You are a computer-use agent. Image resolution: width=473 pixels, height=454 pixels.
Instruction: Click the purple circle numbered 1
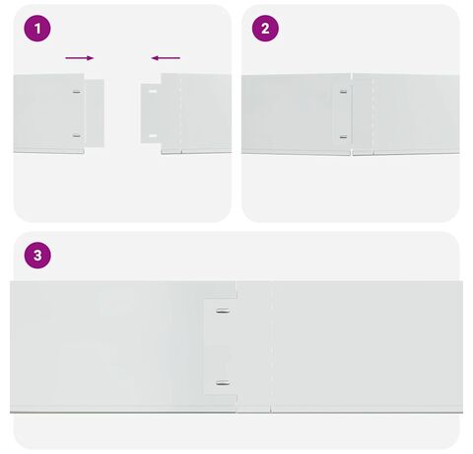point(37,29)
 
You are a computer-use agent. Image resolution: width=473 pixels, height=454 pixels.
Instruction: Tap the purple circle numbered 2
point(265,29)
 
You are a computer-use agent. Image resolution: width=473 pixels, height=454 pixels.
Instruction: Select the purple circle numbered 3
point(37,256)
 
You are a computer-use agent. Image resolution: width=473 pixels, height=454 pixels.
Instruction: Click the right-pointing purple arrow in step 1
point(80,58)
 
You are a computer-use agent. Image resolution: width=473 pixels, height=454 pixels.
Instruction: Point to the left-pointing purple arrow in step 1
point(166,58)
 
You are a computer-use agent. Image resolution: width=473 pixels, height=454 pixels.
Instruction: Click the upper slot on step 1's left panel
point(77,92)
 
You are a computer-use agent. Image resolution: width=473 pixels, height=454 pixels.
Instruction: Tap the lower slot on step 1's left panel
point(77,135)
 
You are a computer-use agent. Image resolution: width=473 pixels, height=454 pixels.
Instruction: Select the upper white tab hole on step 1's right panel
point(153,91)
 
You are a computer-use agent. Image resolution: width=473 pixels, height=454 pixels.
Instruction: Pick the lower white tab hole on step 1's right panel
point(153,135)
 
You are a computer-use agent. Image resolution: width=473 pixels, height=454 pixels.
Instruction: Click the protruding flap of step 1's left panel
point(95,113)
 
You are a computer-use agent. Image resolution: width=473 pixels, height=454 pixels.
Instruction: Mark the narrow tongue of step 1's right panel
point(151,113)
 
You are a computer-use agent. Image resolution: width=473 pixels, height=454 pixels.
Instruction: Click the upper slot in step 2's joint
point(343,92)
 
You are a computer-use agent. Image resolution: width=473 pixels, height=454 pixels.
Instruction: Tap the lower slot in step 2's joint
point(343,137)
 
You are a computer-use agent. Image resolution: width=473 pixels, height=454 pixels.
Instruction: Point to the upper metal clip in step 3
point(223,311)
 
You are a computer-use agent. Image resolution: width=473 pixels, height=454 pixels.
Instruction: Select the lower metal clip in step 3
point(223,383)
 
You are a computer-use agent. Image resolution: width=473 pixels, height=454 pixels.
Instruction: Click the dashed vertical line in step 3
point(271,346)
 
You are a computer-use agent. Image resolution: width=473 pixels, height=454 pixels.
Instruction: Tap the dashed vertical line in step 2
point(372,113)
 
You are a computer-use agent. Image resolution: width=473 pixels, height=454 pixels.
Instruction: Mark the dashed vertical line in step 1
point(180,113)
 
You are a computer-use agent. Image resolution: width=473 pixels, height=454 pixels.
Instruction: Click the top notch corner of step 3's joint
point(236,299)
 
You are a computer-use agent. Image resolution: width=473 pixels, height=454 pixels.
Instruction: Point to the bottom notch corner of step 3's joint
point(236,395)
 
